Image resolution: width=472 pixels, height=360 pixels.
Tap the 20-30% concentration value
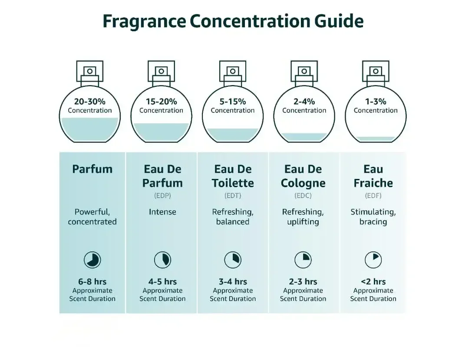89,102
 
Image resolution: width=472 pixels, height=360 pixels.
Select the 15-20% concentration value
161,102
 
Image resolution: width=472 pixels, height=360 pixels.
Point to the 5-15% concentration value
233,102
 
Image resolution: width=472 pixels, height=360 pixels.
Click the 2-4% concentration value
304,102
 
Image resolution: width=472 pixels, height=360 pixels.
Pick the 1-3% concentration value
376,102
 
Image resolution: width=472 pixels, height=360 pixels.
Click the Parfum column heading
92,169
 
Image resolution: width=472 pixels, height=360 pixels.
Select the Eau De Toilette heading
233,176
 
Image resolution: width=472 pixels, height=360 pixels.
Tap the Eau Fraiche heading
373,176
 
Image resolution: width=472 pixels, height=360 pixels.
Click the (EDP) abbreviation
162,196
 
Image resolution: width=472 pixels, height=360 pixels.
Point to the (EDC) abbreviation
303,196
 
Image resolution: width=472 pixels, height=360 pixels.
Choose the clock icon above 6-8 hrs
92,260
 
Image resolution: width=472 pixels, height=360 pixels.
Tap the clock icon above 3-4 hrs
233,260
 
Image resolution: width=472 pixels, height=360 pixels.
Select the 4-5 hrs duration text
162,282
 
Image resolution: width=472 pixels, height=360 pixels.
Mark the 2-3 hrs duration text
303,282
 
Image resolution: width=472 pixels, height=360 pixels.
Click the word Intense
162,212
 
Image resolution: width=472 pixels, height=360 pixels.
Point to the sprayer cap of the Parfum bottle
90,71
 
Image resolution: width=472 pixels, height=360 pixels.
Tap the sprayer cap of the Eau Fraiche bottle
376,71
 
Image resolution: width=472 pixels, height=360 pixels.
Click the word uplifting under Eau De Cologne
303,222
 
